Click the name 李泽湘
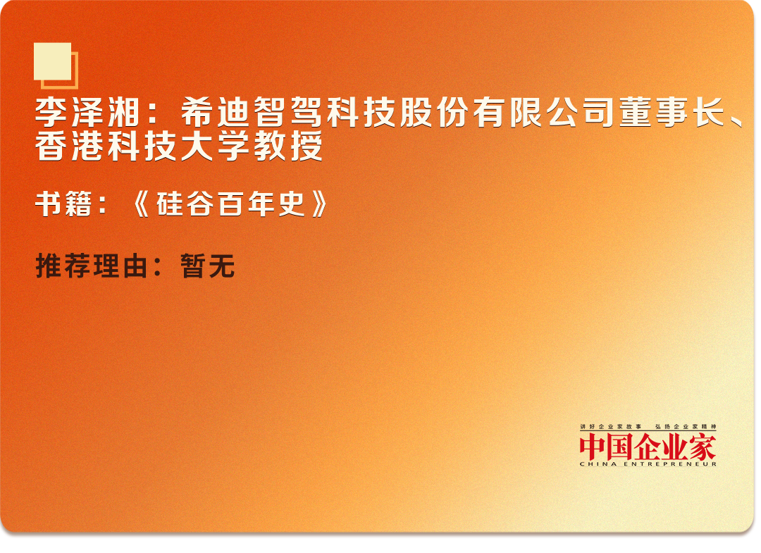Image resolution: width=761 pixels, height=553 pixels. click(x=87, y=113)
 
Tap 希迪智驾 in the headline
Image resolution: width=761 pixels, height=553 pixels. click(x=252, y=113)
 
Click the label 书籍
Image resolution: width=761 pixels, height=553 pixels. click(x=63, y=204)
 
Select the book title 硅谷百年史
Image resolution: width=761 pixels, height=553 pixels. click(x=230, y=204)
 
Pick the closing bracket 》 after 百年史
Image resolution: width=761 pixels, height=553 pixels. click(x=319, y=204)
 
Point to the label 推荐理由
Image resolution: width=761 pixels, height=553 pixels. click(x=91, y=266)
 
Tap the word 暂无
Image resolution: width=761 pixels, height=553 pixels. click(x=208, y=266)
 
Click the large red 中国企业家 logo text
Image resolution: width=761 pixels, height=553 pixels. click(x=648, y=447)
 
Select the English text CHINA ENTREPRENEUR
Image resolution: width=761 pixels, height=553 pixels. click(x=648, y=464)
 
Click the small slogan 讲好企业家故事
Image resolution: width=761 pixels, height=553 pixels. click(x=610, y=427)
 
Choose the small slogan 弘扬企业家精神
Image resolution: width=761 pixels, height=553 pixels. click(x=686, y=427)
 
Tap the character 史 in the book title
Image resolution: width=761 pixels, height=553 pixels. click(x=291, y=204)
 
